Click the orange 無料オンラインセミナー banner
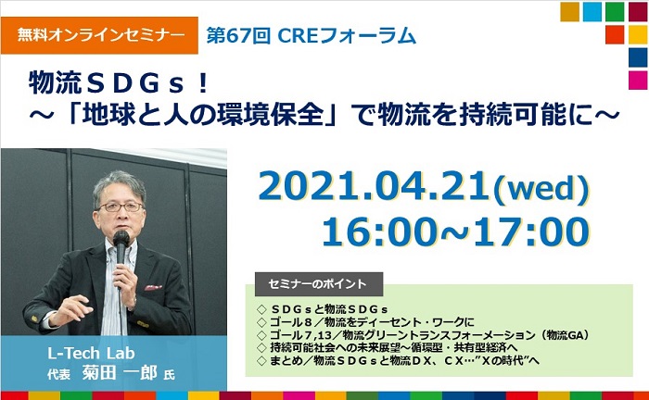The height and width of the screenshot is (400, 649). [99, 35]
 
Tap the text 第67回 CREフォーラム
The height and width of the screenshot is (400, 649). [311, 35]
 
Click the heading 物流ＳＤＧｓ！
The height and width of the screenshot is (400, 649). [119, 82]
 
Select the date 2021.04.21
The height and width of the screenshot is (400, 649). [374, 187]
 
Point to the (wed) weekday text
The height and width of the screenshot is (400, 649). [541, 189]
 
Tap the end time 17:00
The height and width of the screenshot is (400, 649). [532, 231]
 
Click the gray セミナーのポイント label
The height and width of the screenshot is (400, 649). [319, 284]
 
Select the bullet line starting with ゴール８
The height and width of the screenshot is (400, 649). [366, 322]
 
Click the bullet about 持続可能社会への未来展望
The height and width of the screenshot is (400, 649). [387, 347]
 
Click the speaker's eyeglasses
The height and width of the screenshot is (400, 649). [121, 206]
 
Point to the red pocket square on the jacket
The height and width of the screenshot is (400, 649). [153, 288]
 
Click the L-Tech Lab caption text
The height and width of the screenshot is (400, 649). [91, 354]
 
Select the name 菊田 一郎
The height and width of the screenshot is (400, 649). [120, 373]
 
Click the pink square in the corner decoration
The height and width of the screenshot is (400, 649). [638, 81]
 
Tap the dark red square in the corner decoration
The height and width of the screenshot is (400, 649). [638, 12]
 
